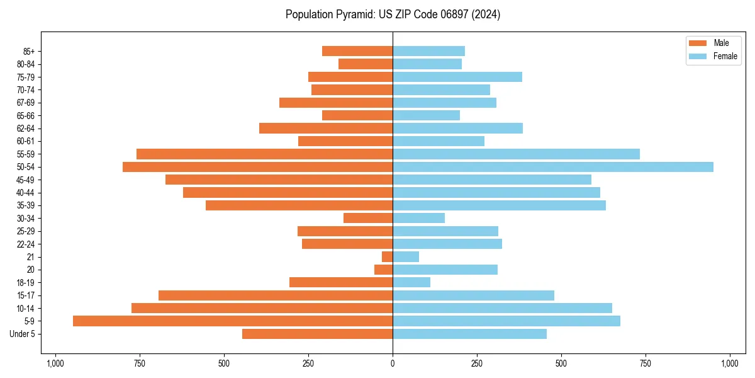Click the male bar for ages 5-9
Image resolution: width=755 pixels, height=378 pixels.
click(233, 321)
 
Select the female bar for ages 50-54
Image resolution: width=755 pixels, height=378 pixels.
click(553, 167)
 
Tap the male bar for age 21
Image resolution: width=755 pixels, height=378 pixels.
click(388, 256)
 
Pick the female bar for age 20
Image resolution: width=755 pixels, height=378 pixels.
click(445, 270)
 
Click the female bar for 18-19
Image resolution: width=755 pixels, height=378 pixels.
click(411, 282)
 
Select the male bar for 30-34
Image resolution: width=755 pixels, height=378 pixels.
click(368, 218)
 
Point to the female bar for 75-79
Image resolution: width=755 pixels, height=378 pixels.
click(457, 77)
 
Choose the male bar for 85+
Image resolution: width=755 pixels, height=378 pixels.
click(357, 51)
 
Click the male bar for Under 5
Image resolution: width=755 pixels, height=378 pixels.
click(318, 334)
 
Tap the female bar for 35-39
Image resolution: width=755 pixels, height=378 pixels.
click(499, 205)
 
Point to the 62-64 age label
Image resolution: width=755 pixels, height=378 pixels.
click(26, 129)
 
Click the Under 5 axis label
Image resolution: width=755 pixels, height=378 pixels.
click(23, 334)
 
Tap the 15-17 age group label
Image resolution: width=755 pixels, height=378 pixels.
click(26, 295)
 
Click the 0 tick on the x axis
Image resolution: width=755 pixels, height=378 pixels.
click(393, 364)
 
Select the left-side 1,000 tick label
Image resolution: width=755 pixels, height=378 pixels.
click(55, 364)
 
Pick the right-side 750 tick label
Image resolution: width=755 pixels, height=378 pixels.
click(646, 364)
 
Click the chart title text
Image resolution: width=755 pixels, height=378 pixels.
click(393, 14)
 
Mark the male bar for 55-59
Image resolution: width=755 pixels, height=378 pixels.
click(264, 154)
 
